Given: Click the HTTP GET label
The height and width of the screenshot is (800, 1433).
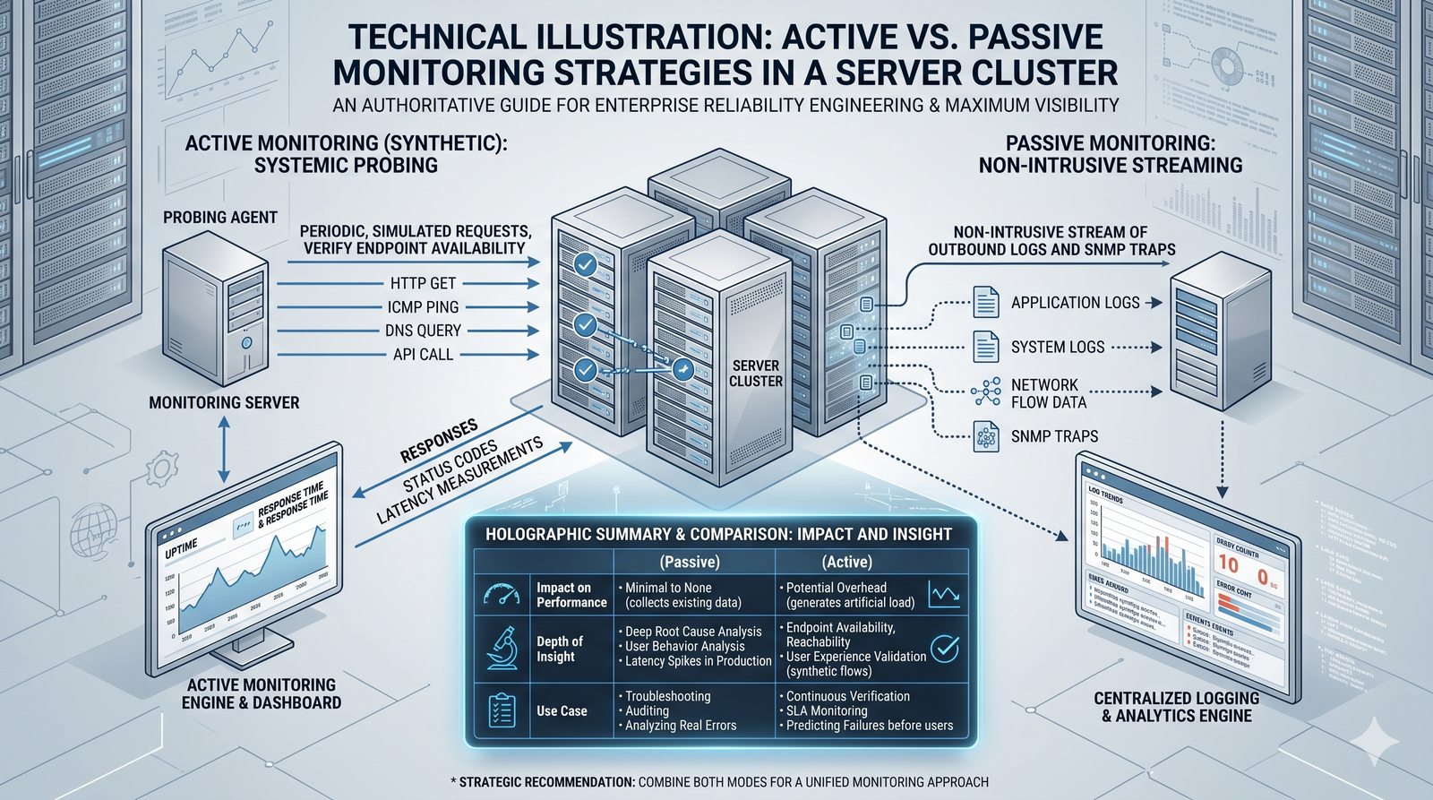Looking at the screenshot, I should [423, 283].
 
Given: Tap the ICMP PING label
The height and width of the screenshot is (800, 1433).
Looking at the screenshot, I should [423, 307].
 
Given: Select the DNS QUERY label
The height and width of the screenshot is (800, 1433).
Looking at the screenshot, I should [423, 331].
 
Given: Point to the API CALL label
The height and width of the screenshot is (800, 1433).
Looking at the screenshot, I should [423, 355].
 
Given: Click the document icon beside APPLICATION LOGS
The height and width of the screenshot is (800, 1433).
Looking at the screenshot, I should [986, 302].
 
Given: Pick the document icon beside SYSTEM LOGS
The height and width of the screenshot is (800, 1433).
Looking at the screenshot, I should [986, 346].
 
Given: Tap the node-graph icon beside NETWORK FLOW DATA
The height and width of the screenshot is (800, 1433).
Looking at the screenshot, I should [986, 391].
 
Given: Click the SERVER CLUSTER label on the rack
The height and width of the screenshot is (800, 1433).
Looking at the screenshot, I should [755, 373].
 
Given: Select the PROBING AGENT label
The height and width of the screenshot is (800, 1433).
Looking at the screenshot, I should [220, 217].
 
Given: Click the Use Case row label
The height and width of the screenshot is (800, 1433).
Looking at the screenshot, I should [562, 711].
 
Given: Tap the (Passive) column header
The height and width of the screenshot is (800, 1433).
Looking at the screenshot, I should [690, 563].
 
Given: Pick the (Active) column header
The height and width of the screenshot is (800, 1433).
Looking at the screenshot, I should [847, 563].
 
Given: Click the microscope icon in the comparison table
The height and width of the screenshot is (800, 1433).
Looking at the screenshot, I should [502, 649].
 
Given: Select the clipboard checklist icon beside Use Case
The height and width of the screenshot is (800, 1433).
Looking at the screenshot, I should [502, 710].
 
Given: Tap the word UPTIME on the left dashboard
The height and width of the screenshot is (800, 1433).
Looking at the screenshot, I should [181, 550].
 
